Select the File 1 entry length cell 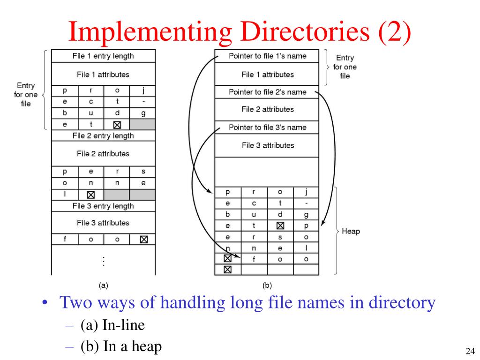click(103, 56)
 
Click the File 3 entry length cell click(103, 206)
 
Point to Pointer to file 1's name click(267, 56)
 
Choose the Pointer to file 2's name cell click(267, 92)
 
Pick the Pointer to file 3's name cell click(267, 127)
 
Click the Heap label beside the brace click(351, 232)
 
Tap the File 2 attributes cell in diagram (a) click(103, 154)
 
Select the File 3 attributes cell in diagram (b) click(268, 145)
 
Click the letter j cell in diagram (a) click(143, 90)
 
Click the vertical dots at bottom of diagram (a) click(103, 262)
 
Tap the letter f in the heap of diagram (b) click(254, 258)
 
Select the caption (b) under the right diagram click(267, 285)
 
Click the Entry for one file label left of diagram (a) click(26, 94)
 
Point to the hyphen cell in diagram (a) click(143, 102)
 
